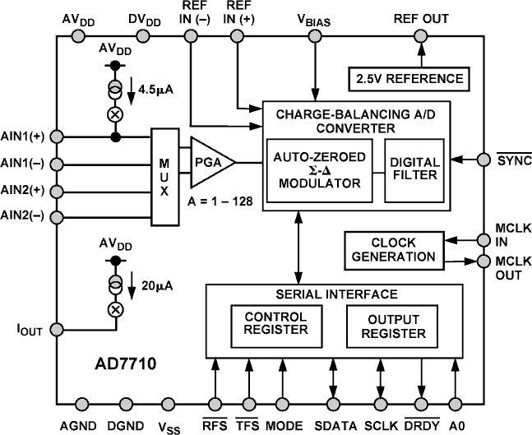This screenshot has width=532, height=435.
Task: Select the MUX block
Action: pos(164,176)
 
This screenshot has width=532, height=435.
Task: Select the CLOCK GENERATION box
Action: pos(392,250)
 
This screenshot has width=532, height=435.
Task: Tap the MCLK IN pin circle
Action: pos(481,240)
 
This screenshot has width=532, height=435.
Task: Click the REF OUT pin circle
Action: pos(421,35)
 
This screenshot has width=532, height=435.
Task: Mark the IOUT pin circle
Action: pos(57,329)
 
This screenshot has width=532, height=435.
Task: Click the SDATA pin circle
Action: pos(335,403)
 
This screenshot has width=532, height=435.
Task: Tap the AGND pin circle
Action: pos(81,403)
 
